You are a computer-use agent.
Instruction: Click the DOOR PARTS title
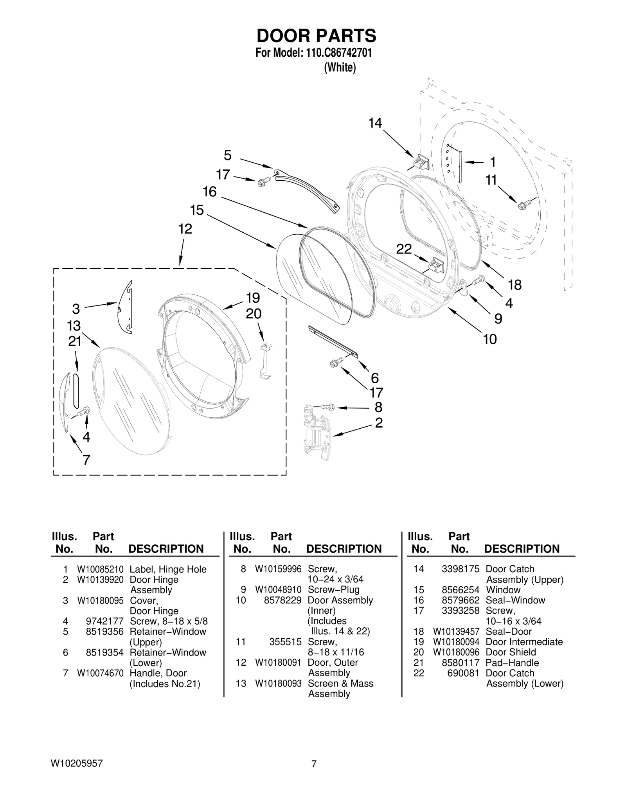point(316,36)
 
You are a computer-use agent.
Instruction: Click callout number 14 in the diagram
point(375,124)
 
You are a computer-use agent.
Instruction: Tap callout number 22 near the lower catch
point(404,249)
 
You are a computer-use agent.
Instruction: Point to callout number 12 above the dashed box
point(185,229)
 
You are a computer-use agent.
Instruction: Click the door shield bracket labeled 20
point(266,360)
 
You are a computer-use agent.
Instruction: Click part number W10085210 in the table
point(100,569)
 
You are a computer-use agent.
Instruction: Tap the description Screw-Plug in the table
point(333,590)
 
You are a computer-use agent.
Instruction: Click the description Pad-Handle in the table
point(512,663)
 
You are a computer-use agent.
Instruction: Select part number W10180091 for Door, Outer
point(278,663)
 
